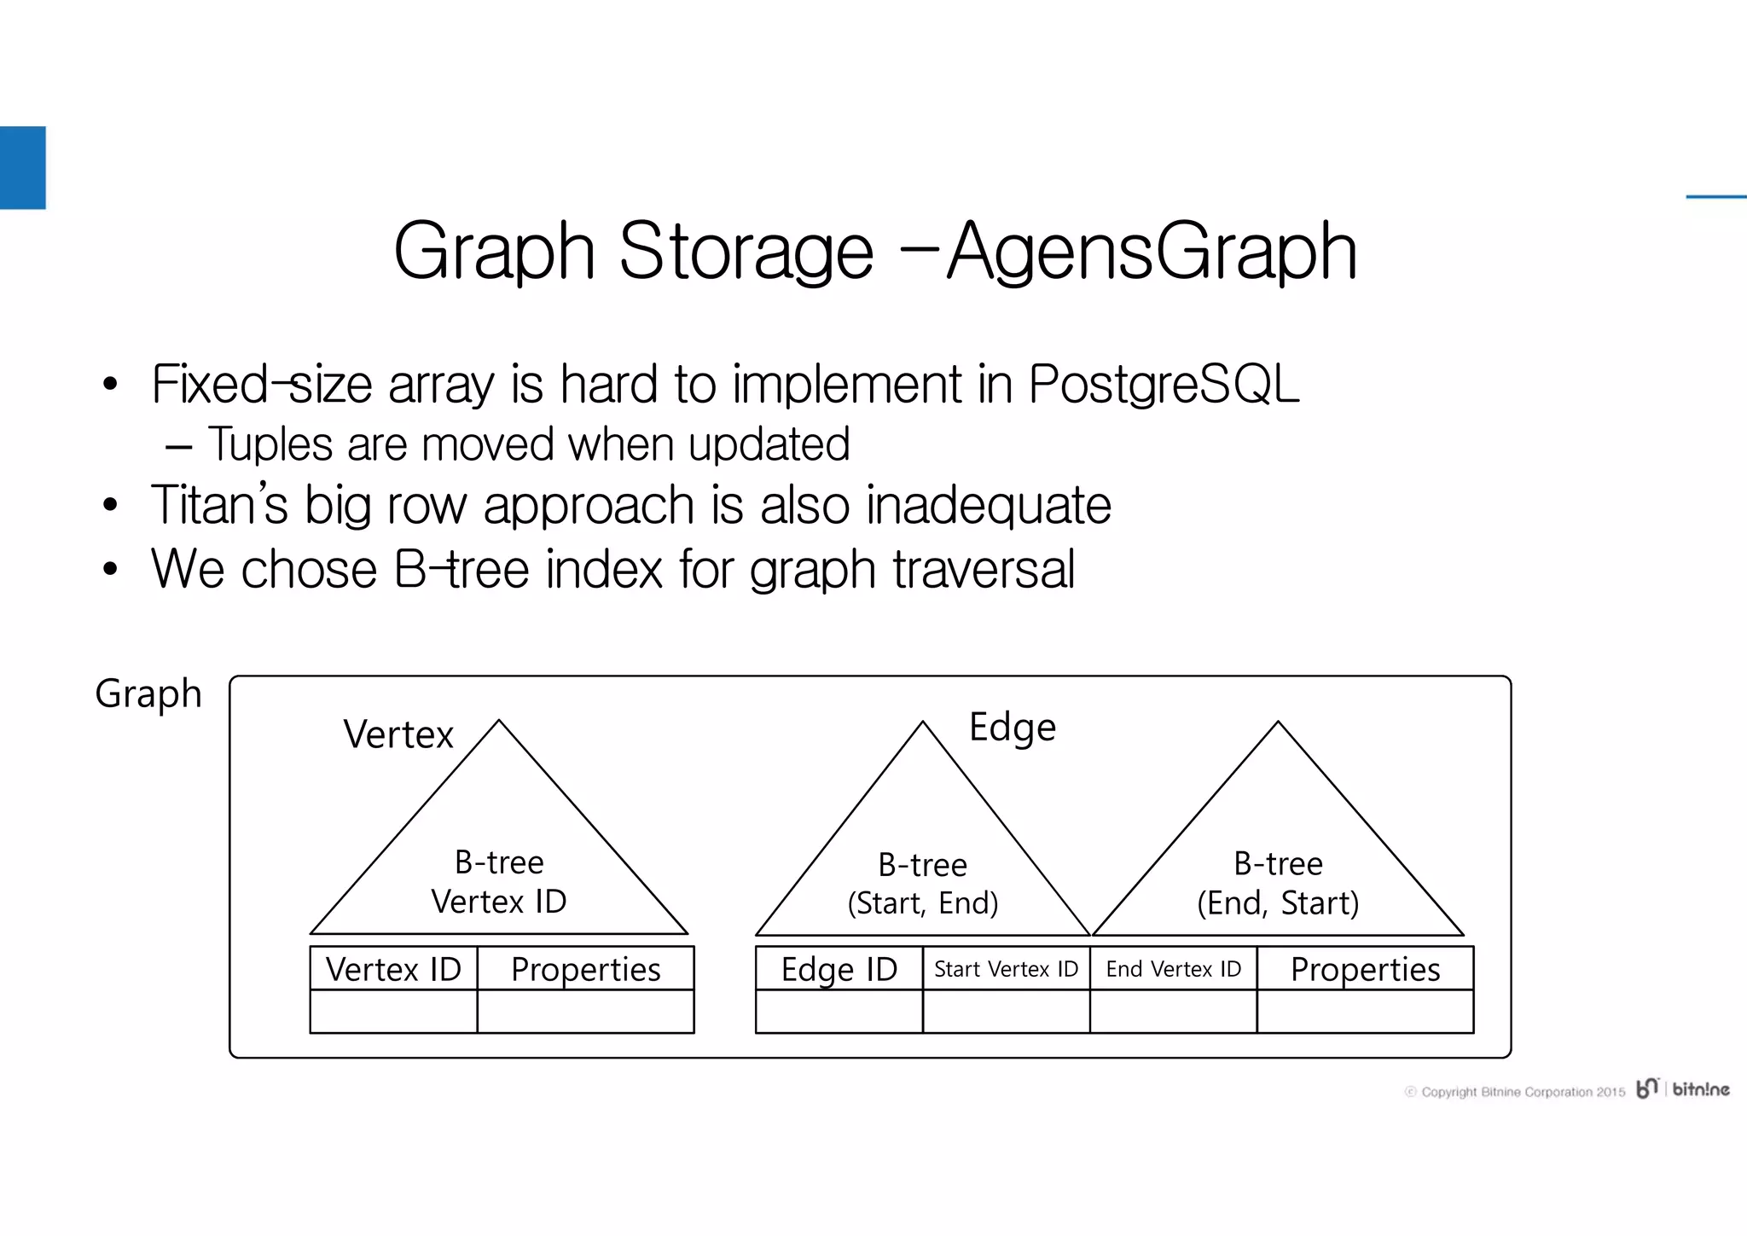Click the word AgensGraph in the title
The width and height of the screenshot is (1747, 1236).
click(x=1152, y=251)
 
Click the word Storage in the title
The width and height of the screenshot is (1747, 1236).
click(x=746, y=251)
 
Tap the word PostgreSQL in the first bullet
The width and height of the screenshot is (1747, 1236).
click(x=1164, y=384)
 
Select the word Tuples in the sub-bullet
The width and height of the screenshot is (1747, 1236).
click(x=270, y=444)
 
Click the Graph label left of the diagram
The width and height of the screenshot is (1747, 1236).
click(x=148, y=693)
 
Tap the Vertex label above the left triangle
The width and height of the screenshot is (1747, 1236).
click(x=398, y=734)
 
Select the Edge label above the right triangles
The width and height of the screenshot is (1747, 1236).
click(x=1013, y=727)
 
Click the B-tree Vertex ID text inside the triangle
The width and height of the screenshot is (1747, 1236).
click(x=499, y=882)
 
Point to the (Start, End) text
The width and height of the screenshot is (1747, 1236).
click(x=922, y=903)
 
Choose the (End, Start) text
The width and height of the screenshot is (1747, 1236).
click(x=1277, y=903)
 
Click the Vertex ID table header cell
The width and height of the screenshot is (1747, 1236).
click(x=393, y=969)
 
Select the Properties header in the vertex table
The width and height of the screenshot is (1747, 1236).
click(x=585, y=969)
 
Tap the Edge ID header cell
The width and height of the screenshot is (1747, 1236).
click(x=839, y=969)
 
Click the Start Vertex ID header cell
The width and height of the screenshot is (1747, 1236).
click(x=1006, y=969)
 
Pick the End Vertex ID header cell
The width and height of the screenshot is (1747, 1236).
click(x=1173, y=969)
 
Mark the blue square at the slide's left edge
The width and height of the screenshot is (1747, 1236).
click(x=22, y=167)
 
